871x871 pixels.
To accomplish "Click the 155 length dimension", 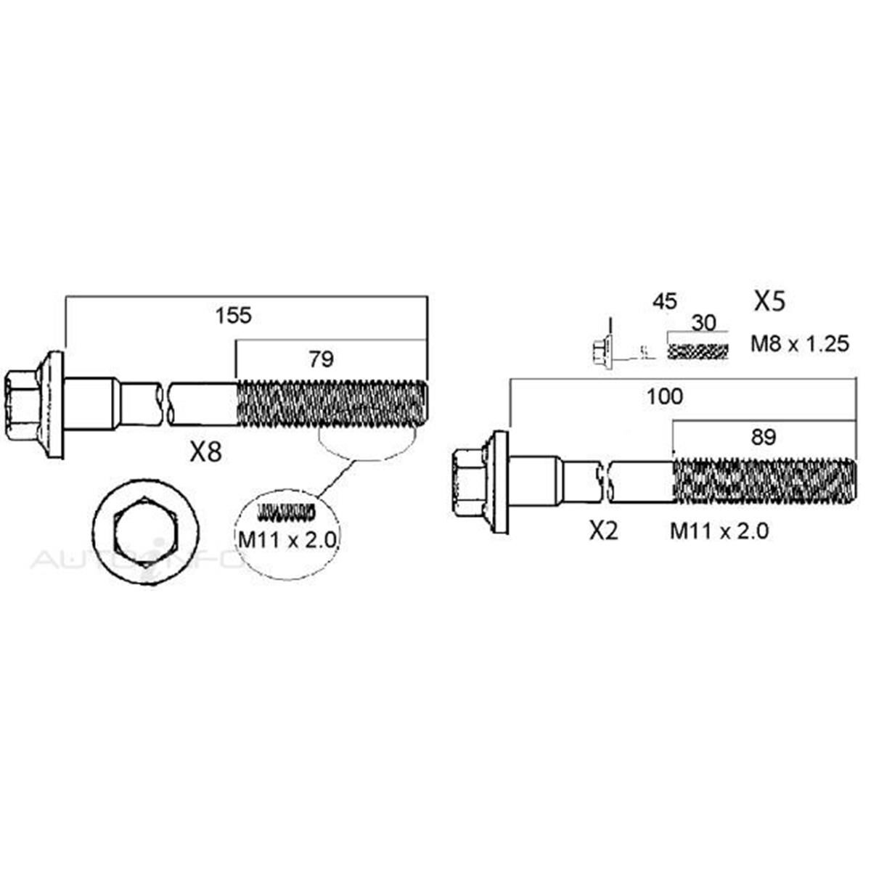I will point(233,316).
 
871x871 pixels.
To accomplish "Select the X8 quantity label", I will point(205,453).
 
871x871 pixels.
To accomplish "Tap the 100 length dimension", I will point(665,396).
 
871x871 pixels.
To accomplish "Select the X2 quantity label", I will point(603,532).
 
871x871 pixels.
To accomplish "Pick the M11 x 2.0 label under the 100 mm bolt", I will point(719,532).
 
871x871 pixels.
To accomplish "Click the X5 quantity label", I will point(769,301).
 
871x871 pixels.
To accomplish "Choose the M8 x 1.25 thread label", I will point(799,343).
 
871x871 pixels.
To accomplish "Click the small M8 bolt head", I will point(600,351).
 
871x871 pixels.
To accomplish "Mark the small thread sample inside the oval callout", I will point(287,512).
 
